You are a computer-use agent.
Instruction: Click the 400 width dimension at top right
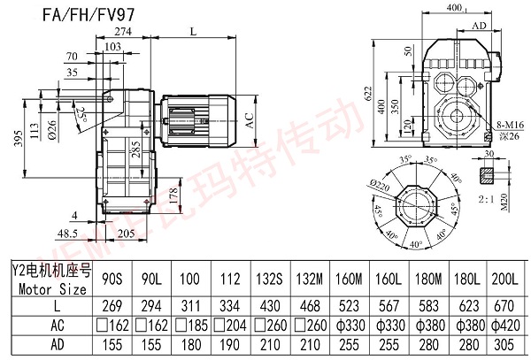pos(456,10)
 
